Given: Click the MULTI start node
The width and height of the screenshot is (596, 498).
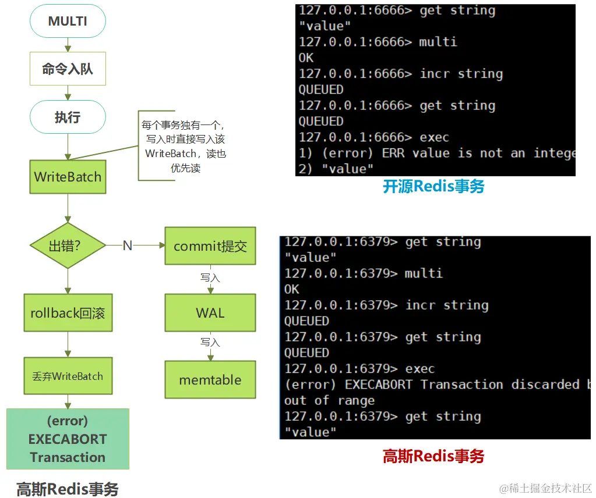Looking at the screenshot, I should click(x=68, y=22).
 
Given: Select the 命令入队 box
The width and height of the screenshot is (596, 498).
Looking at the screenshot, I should click(x=68, y=69).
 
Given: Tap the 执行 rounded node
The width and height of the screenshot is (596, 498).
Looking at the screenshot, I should click(x=68, y=117).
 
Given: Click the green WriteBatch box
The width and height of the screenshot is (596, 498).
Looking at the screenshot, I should click(x=68, y=177).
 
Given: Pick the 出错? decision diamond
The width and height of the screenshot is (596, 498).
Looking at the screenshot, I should click(x=68, y=246).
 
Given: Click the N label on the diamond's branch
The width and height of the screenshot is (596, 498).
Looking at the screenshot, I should click(x=127, y=246).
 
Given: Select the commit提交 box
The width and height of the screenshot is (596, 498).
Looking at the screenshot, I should click(x=210, y=246).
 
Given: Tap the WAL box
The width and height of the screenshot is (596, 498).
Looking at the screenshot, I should click(x=210, y=313).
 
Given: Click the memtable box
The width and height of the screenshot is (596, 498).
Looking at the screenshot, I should click(x=210, y=380).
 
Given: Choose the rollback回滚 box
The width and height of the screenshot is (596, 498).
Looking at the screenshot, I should click(x=68, y=313).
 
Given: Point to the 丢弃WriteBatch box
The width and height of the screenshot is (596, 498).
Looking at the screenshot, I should click(x=68, y=376).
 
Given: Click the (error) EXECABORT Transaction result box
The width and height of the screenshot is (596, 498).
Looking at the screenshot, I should click(x=68, y=439).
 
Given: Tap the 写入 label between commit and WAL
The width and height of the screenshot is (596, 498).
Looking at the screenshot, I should click(x=210, y=278).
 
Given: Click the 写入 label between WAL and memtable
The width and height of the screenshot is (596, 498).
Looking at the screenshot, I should click(x=210, y=342).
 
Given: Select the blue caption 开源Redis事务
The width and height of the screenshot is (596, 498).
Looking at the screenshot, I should click(x=433, y=186).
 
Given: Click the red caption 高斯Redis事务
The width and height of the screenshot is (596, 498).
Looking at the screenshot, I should click(x=433, y=456).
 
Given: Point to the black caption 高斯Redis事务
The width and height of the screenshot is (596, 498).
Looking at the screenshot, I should click(x=68, y=489).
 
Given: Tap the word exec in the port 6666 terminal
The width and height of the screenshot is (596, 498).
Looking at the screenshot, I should click(x=434, y=137).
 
